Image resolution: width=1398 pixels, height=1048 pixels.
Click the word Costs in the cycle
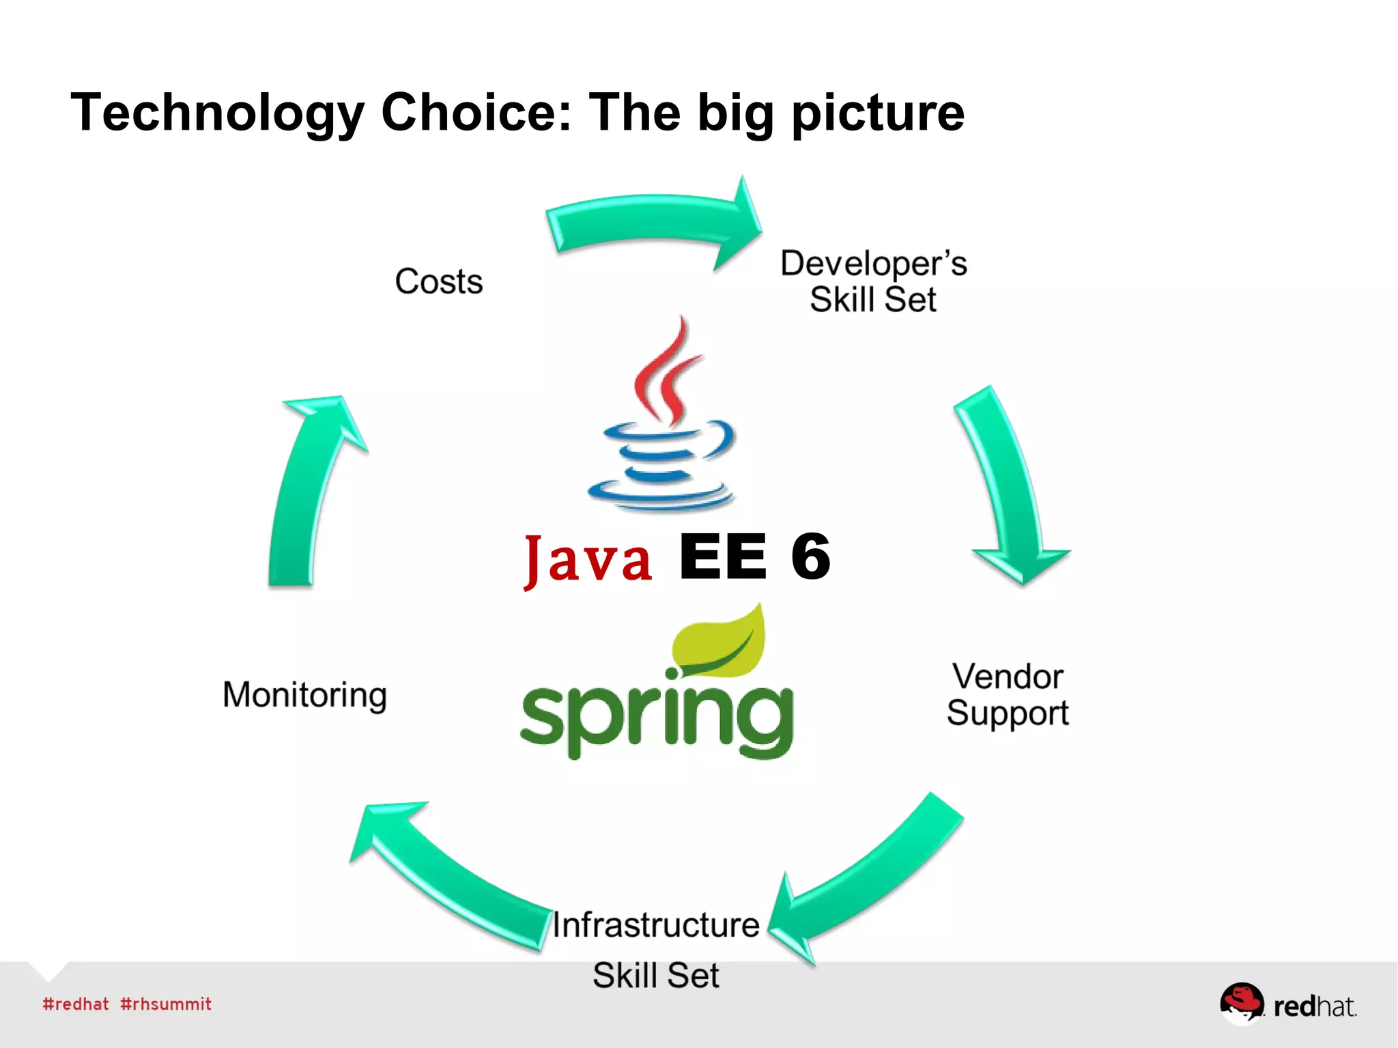pyautogui.click(x=439, y=281)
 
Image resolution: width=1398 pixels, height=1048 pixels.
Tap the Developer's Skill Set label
pyautogui.click(x=873, y=281)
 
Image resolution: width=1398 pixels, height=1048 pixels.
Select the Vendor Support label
pyautogui.click(x=1008, y=694)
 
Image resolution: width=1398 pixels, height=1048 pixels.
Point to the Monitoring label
pyautogui.click(x=304, y=695)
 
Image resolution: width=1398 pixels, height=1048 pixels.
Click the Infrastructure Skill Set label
pyautogui.click(x=655, y=949)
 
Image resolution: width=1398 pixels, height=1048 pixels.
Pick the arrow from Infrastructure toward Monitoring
pyautogui.click(x=451, y=874)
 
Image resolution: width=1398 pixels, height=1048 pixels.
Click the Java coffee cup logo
pyautogui.click(x=660, y=416)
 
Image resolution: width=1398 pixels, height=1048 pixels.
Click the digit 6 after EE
pyautogui.click(x=810, y=556)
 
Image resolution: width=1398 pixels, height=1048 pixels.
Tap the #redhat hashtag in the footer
pyautogui.click(x=76, y=1004)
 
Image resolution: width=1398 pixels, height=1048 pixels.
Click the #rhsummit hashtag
pyautogui.click(x=166, y=1004)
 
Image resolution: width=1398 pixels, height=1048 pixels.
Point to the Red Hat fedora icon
pyautogui.click(x=1242, y=1002)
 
